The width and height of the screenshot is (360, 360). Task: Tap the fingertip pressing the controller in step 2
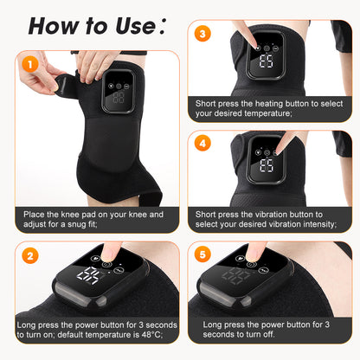(x=107, y=254)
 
